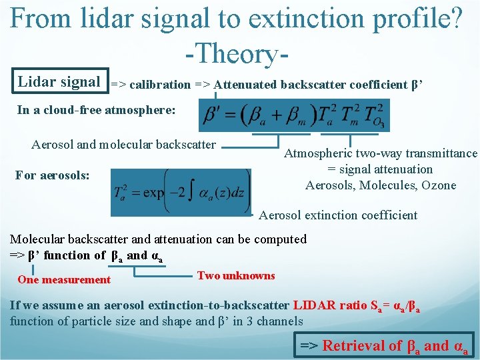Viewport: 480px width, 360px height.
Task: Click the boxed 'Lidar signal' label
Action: (x=59, y=82)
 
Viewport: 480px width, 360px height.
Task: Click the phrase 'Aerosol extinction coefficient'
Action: (x=338, y=215)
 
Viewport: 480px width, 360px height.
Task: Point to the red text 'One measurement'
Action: (x=64, y=280)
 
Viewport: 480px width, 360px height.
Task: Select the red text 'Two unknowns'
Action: (x=236, y=276)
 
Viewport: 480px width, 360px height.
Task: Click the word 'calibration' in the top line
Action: (x=160, y=85)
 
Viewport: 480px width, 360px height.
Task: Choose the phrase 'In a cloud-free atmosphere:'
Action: (x=96, y=110)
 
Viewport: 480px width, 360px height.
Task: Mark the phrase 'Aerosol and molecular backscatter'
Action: (x=124, y=144)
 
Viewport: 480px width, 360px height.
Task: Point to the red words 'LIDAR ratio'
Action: (x=330, y=306)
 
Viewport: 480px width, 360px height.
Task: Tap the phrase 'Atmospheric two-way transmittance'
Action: (x=381, y=153)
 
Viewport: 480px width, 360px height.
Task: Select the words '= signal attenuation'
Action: (x=381, y=169)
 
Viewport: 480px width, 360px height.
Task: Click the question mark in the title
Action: (x=455, y=19)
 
